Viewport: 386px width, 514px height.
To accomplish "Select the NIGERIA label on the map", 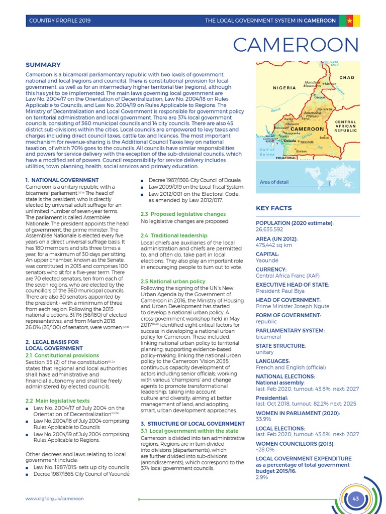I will pyautogui.click(x=285, y=87).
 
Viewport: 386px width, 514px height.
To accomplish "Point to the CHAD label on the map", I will pyautogui.click(x=347, y=77).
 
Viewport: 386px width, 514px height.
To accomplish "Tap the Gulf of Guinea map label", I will pyautogui.click(x=267, y=152).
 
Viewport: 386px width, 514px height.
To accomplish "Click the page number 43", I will pyautogui.click(x=356, y=498).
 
